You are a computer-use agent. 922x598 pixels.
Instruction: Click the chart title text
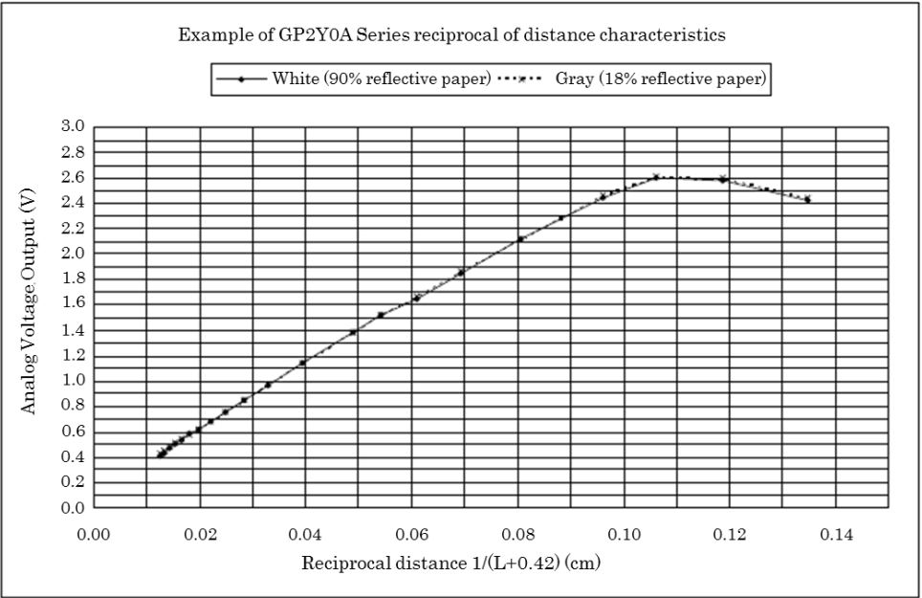coord(451,35)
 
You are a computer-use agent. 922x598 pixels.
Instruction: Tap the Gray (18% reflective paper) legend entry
coord(661,79)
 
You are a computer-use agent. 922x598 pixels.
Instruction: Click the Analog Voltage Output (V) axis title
coord(30,317)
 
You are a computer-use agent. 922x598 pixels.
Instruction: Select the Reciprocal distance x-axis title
coord(451,563)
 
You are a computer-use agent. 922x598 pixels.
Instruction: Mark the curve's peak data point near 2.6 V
coord(656,176)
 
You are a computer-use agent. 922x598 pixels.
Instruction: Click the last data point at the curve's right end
coord(808,200)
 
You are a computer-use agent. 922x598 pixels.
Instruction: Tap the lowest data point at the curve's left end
coord(160,454)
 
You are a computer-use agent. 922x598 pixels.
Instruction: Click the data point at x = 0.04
coord(302,363)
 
